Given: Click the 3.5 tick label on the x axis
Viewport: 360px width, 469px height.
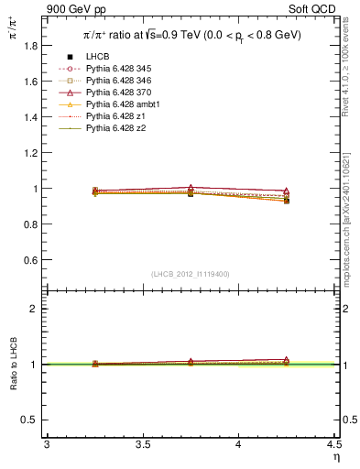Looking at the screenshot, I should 142,445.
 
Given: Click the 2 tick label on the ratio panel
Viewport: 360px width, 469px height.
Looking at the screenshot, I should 36,309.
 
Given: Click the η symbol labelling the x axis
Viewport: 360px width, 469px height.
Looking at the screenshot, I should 335,457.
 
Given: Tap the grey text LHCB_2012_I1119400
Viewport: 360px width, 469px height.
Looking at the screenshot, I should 191,274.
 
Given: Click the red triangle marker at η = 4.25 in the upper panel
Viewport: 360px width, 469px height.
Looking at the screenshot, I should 286,191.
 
